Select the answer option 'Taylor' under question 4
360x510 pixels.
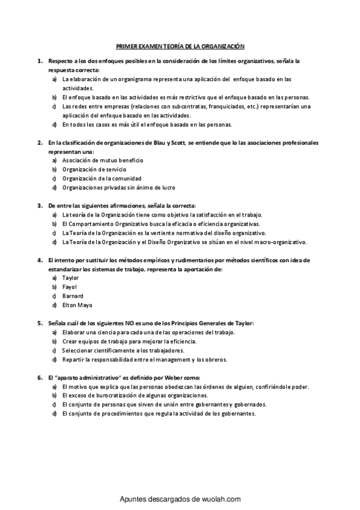coord(70,278)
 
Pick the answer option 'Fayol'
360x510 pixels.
coord(70,287)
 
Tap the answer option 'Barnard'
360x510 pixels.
coord(73,296)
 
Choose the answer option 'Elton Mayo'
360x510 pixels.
coord(76,305)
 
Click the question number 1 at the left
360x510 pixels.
coord(40,61)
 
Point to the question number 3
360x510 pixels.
coord(40,205)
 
